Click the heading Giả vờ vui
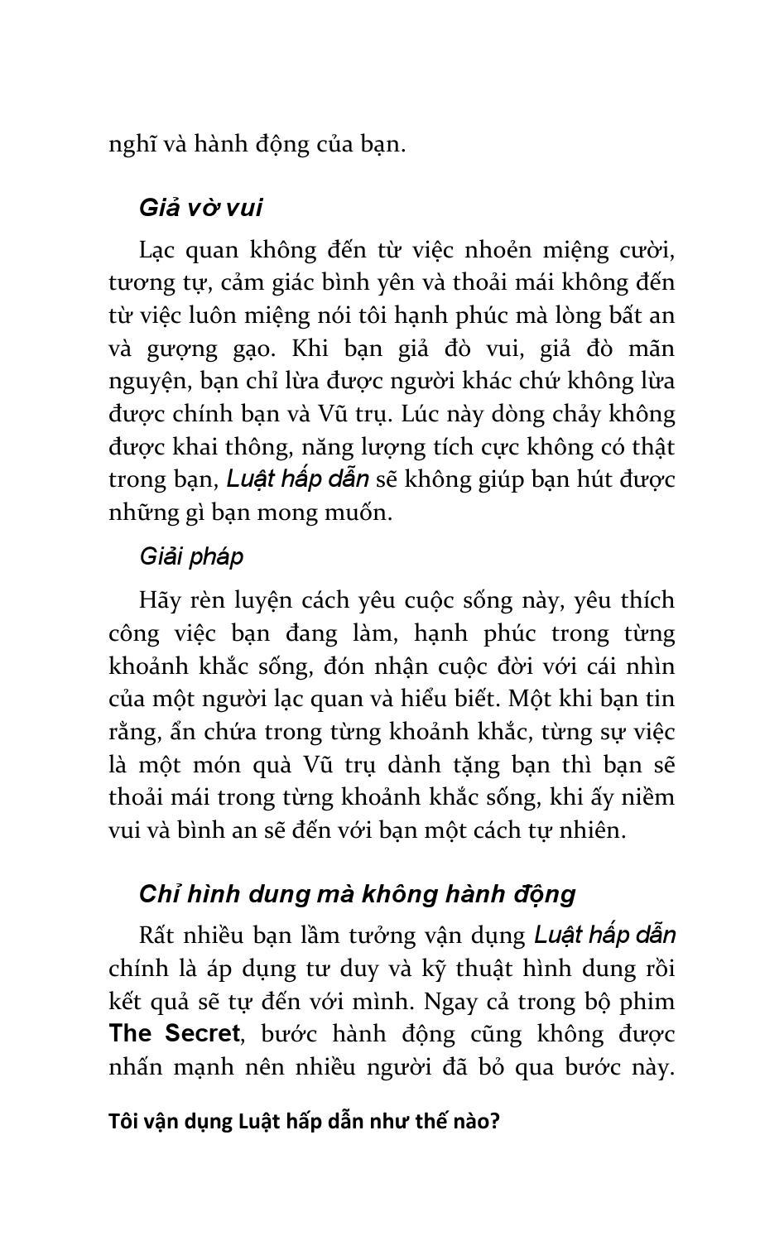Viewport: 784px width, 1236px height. (x=200, y=208)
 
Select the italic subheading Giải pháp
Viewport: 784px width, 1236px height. (x=191, y=557)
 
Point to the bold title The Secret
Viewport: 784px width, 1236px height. (x=174, y=1034)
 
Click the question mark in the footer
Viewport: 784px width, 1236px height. (x=495, y=1122)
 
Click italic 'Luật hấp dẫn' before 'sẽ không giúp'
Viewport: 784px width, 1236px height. (x=297, y=479)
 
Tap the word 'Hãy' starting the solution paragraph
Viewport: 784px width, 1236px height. (x=158, y=600)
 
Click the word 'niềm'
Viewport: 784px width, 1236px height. (x=650, y=797)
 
